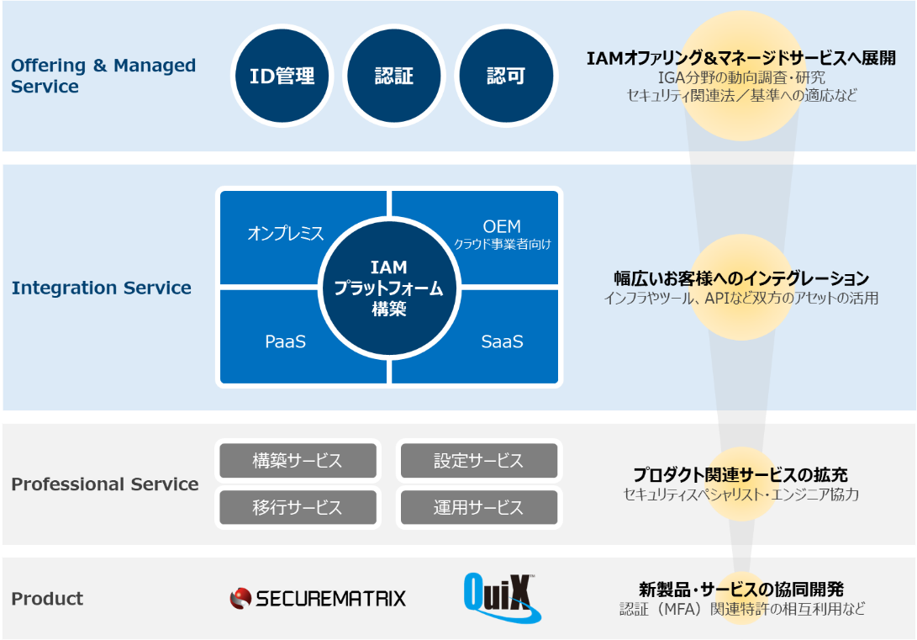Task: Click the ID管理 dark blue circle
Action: (x=282, y=76)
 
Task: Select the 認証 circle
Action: (x=394, y=76)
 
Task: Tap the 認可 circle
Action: (x=506, y=76)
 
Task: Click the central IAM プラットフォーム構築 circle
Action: (x=389, y=288)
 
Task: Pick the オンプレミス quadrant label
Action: (x=286, y=234)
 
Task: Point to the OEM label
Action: (x=502, y=227)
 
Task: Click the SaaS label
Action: (x=502, y=341)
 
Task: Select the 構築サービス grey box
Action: (x=298, y=461)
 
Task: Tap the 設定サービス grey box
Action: (x=478, y=461)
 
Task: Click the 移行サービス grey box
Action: (x=298, y=507)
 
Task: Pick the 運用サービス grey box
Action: (x=478, y=507)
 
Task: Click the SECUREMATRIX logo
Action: (x=318, y=598)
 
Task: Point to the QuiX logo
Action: (x=502, y=598)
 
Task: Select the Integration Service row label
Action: (x=102, y=288)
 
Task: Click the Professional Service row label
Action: (x=105, y=484)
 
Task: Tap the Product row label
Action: (x=47, y=599)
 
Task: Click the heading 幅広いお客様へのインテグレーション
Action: (x=740, y=278)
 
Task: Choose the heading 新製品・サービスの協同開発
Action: (x=740, y=589)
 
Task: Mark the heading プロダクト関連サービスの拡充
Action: (x=740, y=475)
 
